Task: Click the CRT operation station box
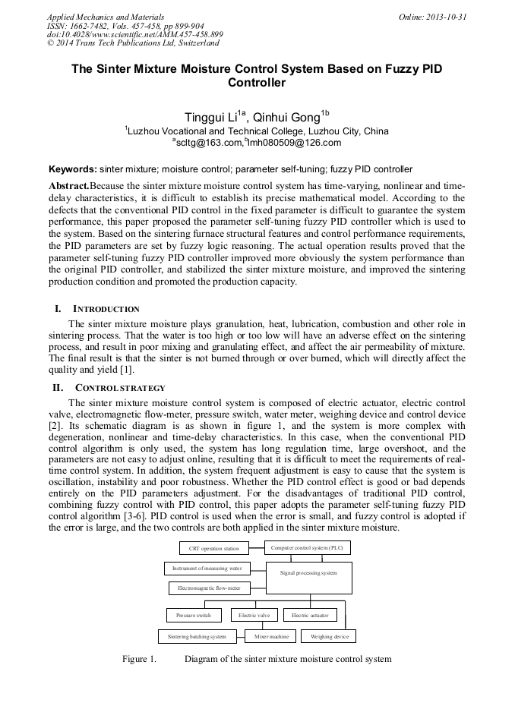tap(213, 548)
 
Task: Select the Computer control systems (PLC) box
tap(307, 547)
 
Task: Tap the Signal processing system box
tap(308, 573)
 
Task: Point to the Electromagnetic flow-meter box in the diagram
tap(209, 588)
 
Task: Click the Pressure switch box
tap(194, 615)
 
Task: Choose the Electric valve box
tap(254, 615)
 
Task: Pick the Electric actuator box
tap(310, 615)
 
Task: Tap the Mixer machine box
tap(271, 636)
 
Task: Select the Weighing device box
tap(329, 636)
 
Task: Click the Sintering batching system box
tap(197, 636)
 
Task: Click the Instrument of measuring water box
tap(206, 568)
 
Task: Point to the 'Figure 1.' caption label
tap(139, 659)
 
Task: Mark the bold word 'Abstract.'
tap(69, 186)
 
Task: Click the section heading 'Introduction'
tap(106, 309)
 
